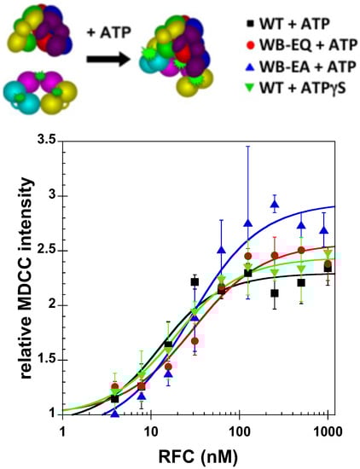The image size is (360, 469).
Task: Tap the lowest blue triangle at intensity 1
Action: tap(115, 414)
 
